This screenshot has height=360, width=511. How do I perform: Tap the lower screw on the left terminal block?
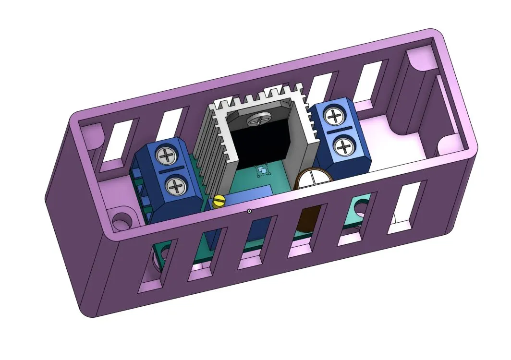click(x=176, y=185)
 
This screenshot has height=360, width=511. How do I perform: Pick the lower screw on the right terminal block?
click(x=344, y=146)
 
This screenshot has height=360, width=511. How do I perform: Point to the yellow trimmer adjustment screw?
click(x=219, y=202)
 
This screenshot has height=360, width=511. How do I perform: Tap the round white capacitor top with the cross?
click(x=313, y=179)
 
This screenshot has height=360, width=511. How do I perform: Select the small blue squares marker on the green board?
click(x=262, y=171)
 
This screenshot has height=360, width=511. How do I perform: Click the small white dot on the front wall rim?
click(x=249, y=211)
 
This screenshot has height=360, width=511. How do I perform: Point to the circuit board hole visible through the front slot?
click(x=359, y=206)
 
